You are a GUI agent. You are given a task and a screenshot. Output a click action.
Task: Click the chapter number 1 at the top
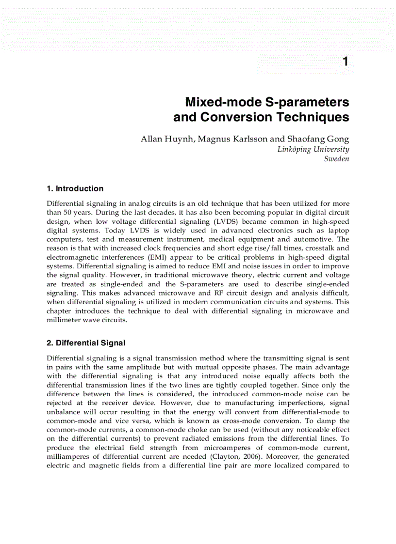[345, 62]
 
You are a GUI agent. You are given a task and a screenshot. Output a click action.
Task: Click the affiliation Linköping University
[313, 149]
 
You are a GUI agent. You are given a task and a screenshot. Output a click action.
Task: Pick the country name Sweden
[336, 159]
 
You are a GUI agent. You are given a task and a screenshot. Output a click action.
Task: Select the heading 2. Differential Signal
[86, 343]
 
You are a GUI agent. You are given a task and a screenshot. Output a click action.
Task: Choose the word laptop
[336, 230]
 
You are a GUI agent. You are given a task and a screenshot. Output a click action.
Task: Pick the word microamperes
[225, 448]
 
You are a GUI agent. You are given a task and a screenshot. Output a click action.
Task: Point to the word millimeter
[66, 320]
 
